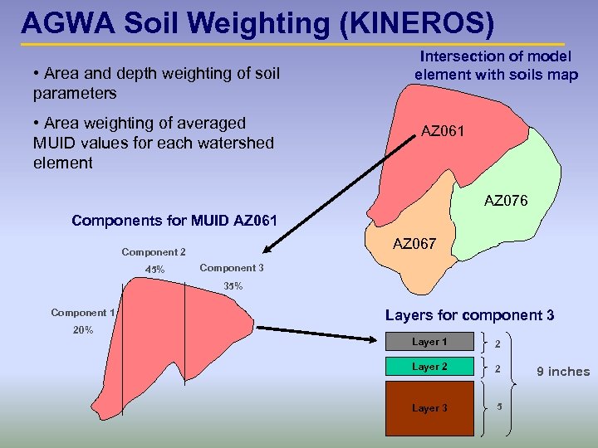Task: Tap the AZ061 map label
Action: (444, 131)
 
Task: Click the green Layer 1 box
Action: (429, 342)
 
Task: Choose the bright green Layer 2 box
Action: (429, 367)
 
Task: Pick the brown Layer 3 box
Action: (429, 407)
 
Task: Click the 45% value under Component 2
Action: (154, 270)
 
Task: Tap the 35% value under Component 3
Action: (233, 286)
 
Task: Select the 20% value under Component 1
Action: (83, 329)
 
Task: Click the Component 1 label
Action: (83, 313)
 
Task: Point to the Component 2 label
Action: (154, 252)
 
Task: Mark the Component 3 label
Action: (232, 268)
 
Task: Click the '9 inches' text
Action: (562, 372)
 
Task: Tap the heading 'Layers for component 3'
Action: (469, 315)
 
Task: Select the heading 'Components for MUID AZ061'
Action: (174, 221)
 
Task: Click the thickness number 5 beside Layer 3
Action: (499, 407)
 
